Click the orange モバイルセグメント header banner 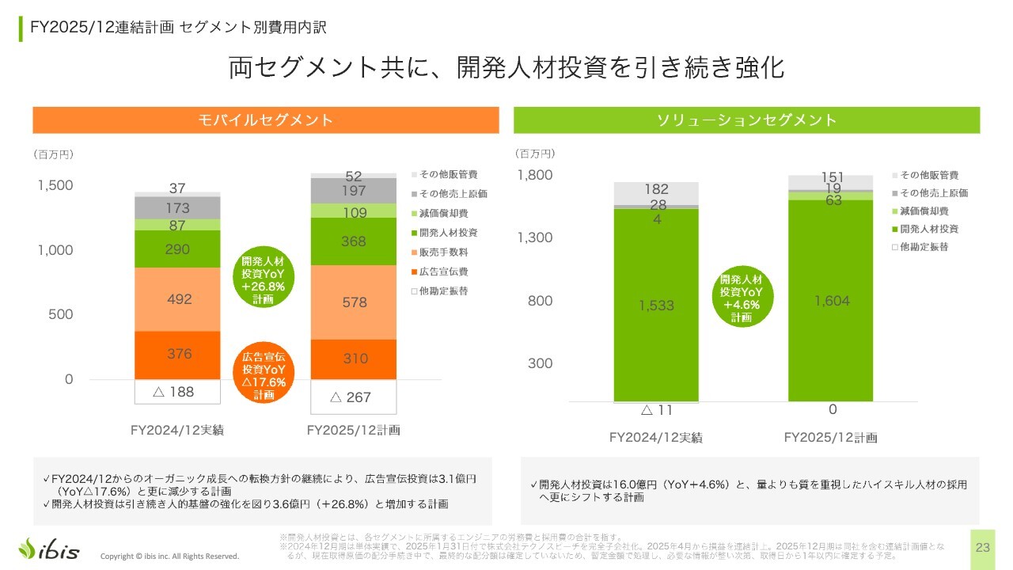coord(265,120)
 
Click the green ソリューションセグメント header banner coord(746,120)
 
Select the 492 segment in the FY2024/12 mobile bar coord(178,299)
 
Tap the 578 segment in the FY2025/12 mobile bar coord(354,302)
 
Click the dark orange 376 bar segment coord(178,355)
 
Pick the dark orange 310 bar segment coord(354,359)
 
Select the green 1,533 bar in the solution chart coord(656,305)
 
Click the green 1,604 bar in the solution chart coord(830,301)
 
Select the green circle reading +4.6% coord(741,298)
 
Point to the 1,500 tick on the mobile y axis coord(55,185)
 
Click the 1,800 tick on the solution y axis coord(534,175)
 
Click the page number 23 coord(983,548)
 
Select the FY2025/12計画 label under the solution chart coord(830,437)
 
